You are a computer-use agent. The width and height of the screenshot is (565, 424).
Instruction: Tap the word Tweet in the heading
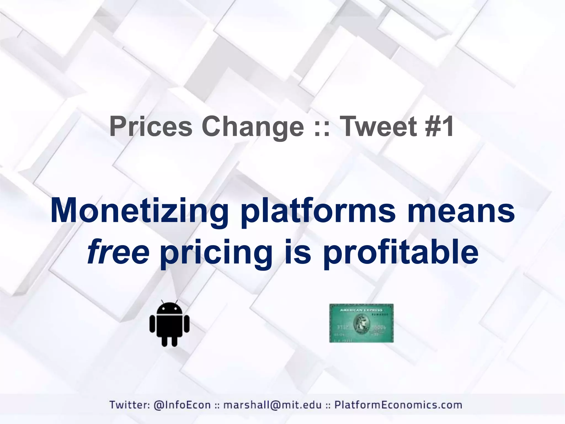point(380,127)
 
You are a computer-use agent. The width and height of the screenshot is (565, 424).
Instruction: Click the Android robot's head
point(169,309)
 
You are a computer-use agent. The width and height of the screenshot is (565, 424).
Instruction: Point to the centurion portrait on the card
point(361,324)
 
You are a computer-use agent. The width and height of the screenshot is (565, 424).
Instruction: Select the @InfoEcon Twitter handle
point(182,405)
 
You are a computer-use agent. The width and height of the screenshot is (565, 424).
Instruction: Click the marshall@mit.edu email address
point(272,405)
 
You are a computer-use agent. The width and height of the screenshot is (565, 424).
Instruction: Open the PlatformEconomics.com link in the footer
point(398,405)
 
